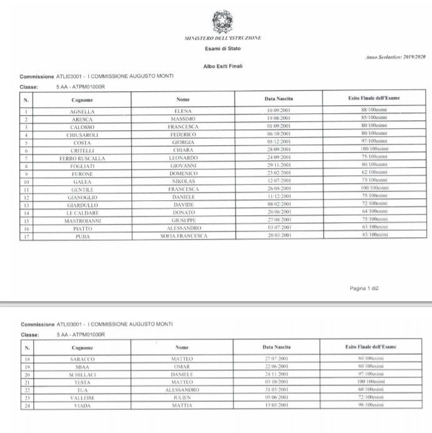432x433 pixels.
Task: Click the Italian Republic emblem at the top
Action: pos(222,22)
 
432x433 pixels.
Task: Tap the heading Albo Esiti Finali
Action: pos(223,66)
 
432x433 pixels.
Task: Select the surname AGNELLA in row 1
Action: pos(82,111)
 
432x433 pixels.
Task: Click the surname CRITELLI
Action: pos(82,151)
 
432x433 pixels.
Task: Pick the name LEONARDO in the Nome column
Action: pos(183,158)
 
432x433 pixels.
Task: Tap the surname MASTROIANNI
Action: pos(82,221)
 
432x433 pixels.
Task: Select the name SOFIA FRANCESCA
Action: pos(183,237)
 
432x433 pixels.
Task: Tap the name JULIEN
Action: pos(182,397)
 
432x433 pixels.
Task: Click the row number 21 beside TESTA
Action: pos(26,382)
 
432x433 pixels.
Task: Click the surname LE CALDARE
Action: pos(82,213)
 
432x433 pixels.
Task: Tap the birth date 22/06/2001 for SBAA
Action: pos(276,367)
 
